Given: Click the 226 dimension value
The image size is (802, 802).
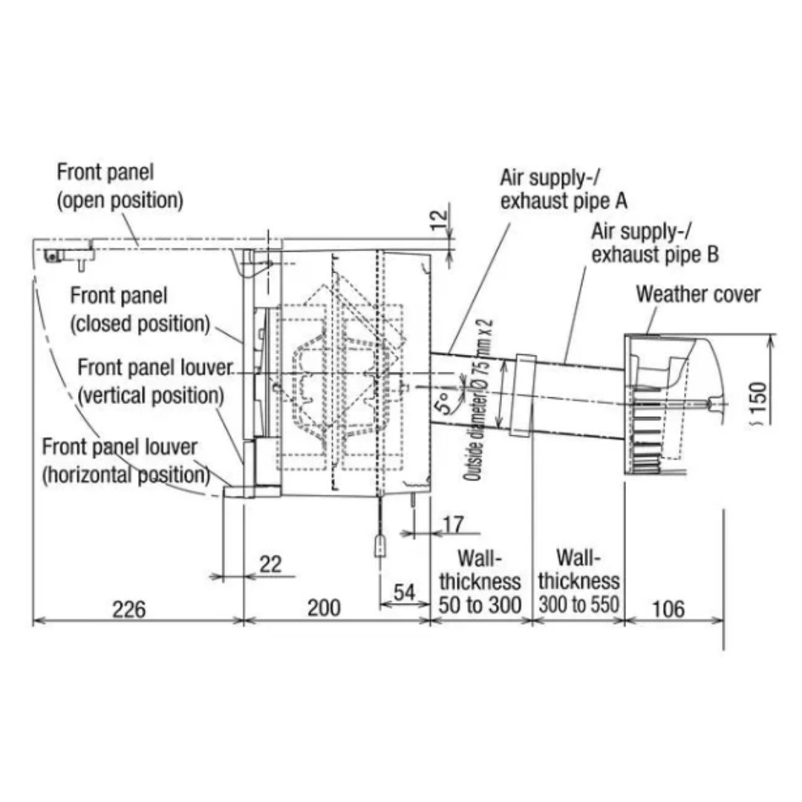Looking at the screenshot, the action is tap(129, 609).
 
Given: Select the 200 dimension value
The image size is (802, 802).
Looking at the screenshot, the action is tap(324, 607).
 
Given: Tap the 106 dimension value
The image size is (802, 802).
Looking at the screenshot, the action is tap(668, 609).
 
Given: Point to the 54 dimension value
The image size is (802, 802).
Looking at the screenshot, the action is tap(404, 593).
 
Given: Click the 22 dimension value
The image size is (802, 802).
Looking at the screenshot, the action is tap(270, 564).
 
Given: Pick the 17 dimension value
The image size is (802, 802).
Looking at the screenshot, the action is tap(454, 525).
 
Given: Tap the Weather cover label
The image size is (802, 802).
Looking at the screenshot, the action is tap(697, 294).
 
